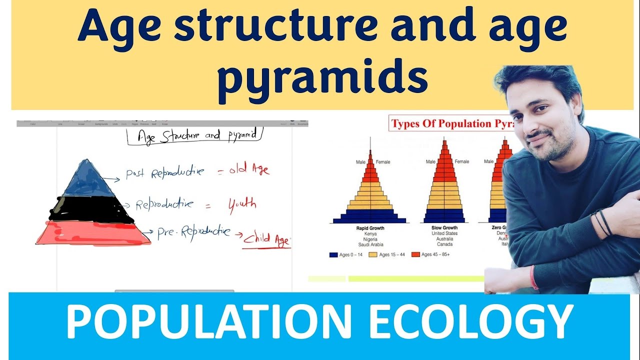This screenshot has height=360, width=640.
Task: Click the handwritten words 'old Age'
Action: click(249, 170)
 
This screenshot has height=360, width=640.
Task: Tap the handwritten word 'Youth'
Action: click(242, 204)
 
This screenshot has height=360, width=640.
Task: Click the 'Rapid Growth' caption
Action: click(370, 228)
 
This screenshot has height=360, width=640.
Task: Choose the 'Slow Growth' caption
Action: click(444, 228)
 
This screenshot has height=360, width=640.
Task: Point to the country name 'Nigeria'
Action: click(370, 239)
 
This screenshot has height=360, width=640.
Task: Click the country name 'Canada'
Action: click(444, 244)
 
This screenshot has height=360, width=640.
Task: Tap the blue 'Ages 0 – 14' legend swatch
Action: click(333, 255)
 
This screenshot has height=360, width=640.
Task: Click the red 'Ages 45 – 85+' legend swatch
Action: click(415, 255)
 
